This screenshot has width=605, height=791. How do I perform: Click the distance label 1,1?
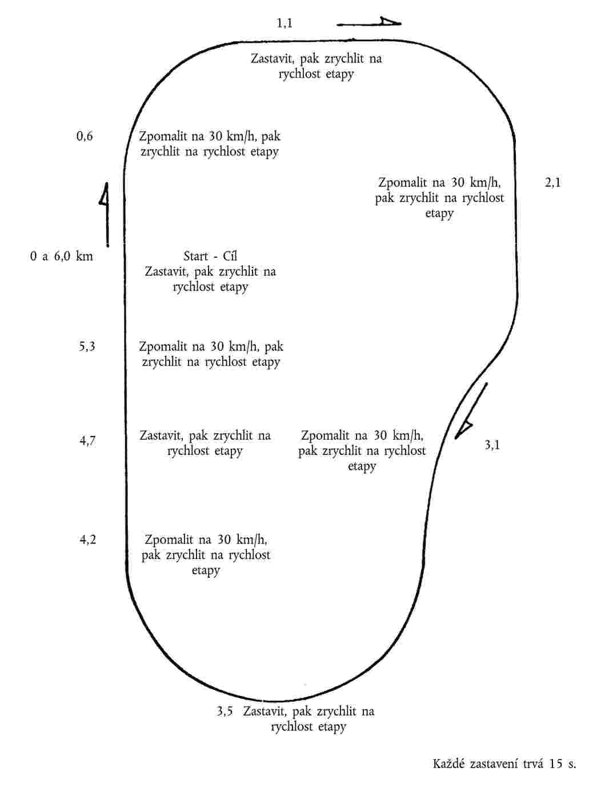click(285, 23)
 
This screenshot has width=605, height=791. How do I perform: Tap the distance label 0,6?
click(85, 137)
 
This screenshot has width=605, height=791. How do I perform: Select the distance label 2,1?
click(553, 183)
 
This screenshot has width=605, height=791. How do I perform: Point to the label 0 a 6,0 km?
click(62, 256)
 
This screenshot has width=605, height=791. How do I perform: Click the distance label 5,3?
click(87, 346)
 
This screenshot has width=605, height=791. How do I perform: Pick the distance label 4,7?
click(87, 441)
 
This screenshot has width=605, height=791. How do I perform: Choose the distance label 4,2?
click(87, 540)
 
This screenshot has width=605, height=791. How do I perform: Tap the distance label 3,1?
click(492, 445)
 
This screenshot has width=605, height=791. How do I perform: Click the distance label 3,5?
click(225, 712)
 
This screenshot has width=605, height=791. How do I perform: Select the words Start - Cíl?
click(210, 256)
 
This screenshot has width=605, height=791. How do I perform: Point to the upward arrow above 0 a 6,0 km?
click(105, 214)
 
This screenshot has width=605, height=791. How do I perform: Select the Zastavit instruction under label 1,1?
click(316, 66)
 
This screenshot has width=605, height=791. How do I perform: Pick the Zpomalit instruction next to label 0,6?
click(210, 144)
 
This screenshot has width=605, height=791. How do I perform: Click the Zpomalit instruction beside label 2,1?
click(439, 198)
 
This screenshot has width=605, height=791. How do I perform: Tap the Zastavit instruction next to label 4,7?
click(205, 443)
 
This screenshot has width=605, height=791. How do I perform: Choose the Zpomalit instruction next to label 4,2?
click(206, 555)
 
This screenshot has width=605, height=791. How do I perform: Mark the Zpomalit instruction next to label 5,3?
click(211, 354)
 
